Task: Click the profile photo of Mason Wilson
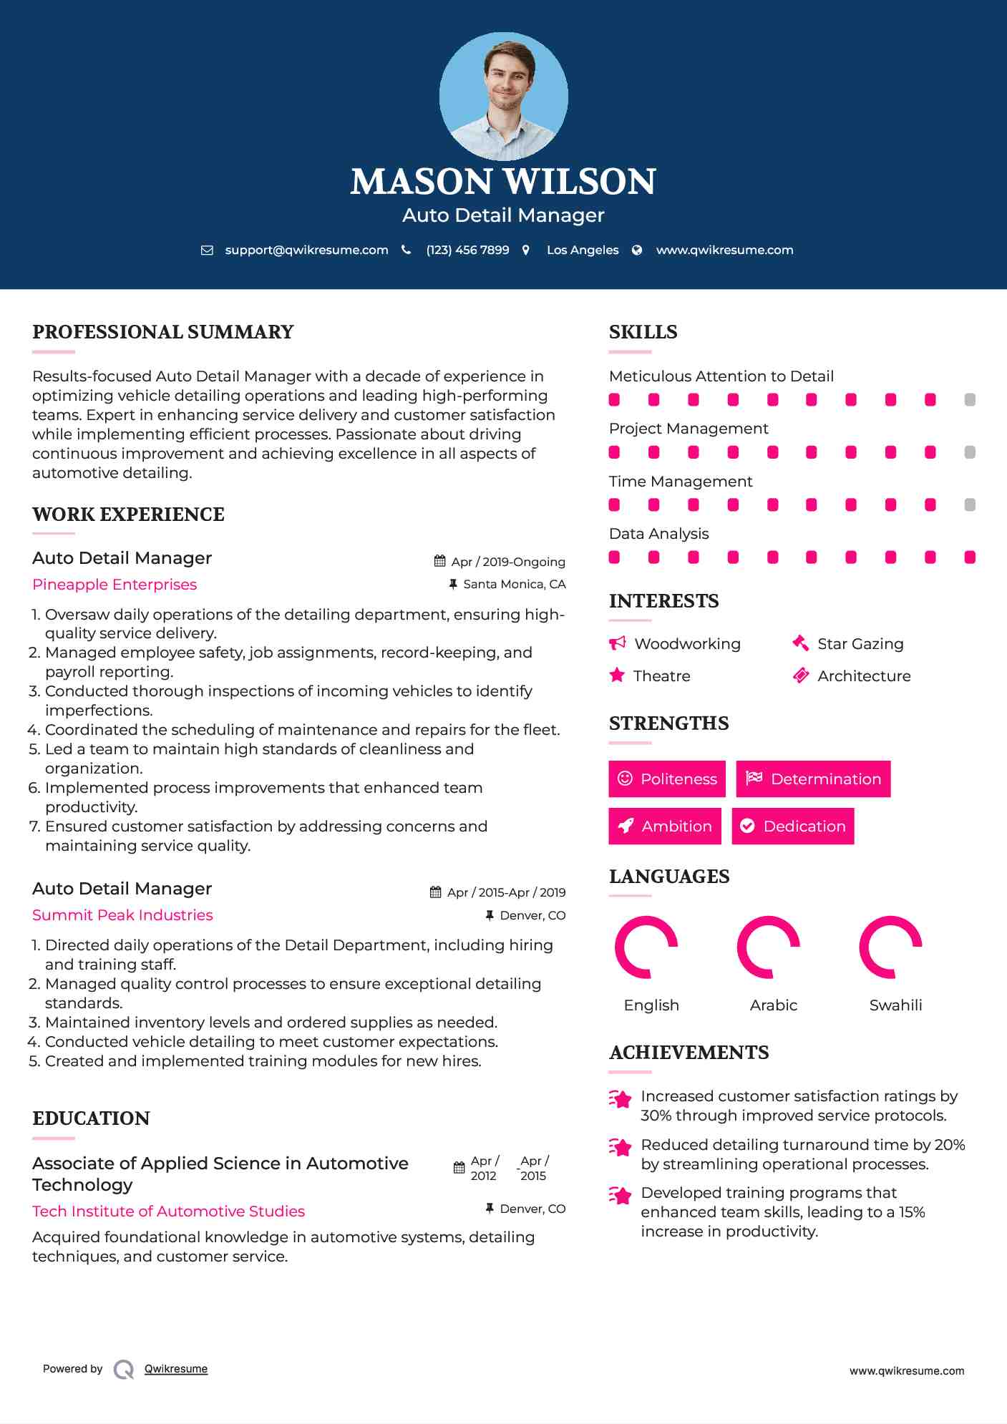[503, 96]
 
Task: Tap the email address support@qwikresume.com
[306, 250]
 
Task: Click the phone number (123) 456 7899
[467, 250]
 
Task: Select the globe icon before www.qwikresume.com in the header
[637, 250]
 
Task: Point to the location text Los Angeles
[583, 250]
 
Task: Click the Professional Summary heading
[163, 332]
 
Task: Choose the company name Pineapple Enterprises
[115, 585]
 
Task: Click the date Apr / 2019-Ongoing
[508, 562]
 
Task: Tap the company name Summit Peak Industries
[122, 915]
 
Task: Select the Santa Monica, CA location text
[514, 584]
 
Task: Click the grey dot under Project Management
[970, 452]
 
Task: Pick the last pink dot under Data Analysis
[970, 557]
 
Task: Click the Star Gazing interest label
[860, 644]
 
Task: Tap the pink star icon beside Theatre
[617, 676]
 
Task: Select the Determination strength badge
[813, 779]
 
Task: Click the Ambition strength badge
[665, 826]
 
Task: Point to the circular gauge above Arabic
[768, 947]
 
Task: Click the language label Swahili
[895, 1005]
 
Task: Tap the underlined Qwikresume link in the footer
[176, 1369]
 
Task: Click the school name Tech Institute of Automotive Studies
[169, 1211]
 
